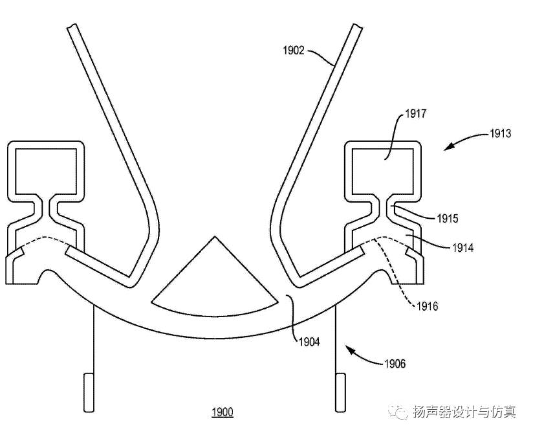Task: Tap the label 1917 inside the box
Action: (x=415, y=115)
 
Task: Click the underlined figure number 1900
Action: (x=223, y=412)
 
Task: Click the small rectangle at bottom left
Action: (x=89, y=392)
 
